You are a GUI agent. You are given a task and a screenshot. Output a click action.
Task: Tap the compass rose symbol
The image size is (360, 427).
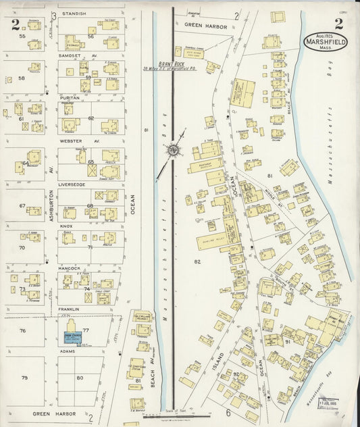click(x=174, y=149)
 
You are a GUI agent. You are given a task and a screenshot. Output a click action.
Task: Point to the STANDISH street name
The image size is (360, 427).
click(x=74, y=14)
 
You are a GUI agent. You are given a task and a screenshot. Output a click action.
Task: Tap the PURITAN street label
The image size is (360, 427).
click(x=70, y=97)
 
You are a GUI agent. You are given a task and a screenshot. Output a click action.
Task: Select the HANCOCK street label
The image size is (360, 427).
click(x=70, y=268)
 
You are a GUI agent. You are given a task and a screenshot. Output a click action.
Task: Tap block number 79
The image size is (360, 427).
click(x=24, y=377)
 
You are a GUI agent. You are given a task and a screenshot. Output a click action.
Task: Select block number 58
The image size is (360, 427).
click(x=22, y=78)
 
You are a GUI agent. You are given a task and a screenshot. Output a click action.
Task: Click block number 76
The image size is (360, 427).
click(x=22, y=330)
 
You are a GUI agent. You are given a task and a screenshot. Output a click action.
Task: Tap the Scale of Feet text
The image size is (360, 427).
click(x=175, y=411)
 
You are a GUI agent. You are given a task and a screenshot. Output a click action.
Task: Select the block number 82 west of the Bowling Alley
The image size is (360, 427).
click(x=198, y=261)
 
